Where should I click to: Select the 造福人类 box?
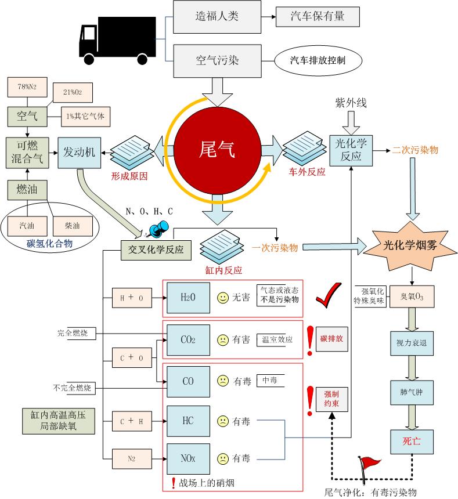tap(217, 16)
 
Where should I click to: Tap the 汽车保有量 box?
tap(318, 16)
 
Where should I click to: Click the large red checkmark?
tap(330, 298)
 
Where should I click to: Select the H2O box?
tap(187, 298)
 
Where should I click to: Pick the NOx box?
tap(187, 458)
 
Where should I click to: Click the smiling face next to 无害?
tap(222, 298)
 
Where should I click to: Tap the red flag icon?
tap(370, 464)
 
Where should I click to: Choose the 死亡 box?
tap(412, 441)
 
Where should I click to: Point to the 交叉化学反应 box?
tap(156, 251)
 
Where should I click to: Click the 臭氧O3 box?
tap(412, 296)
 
